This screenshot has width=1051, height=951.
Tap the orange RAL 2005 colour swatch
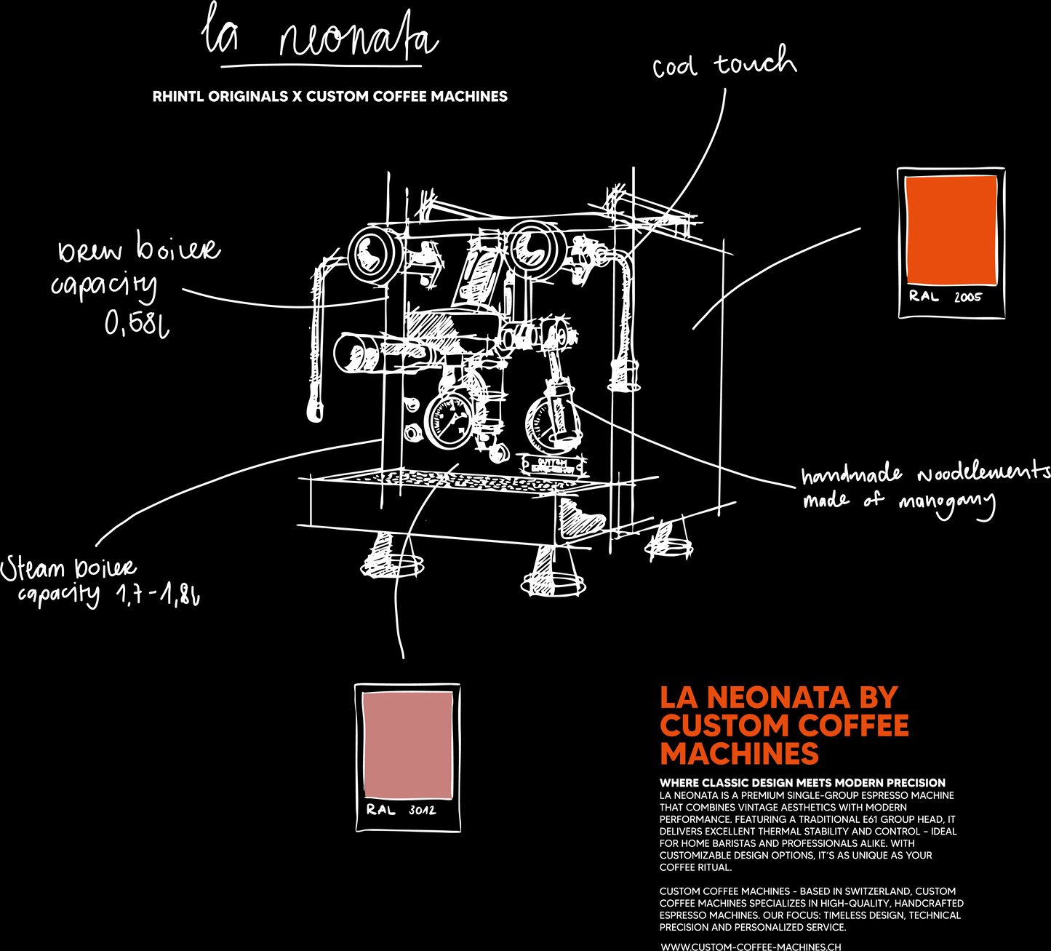point(951,230)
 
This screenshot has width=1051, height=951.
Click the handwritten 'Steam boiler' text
point(68,568)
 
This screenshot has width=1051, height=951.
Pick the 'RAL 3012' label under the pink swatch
point(401,810)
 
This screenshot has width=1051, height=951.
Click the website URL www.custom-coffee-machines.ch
point(751,947)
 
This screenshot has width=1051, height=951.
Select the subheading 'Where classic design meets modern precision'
point(802,783)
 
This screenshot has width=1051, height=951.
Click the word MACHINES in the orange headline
point(739,754)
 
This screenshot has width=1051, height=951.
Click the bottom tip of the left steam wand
point(315,413)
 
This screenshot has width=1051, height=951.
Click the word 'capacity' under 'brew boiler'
point(104,286)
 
